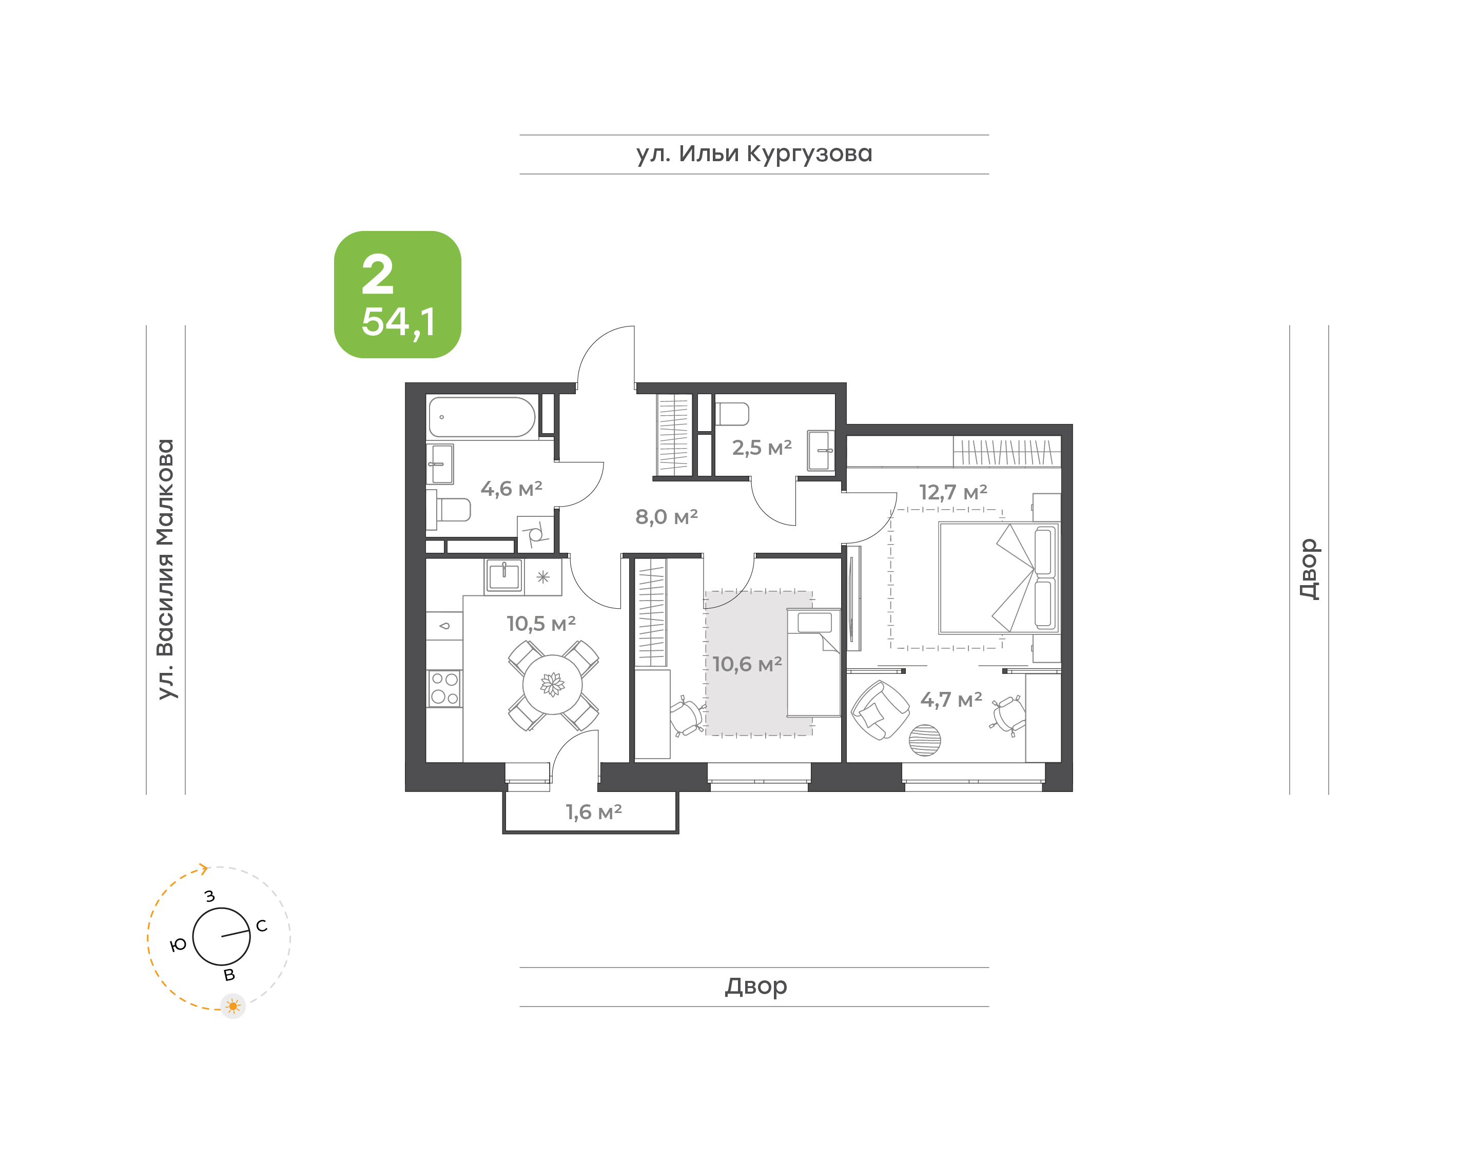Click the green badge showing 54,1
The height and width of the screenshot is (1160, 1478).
point(397,294)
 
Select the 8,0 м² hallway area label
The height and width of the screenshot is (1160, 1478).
point(666,517)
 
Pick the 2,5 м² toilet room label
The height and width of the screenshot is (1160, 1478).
point(762,448)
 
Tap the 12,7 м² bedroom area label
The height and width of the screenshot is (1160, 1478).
point(952,492)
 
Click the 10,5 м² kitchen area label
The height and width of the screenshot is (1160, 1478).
point(541,624)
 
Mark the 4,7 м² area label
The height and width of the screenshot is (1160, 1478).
point(950,700)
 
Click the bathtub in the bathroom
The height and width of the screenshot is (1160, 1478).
point(482,417)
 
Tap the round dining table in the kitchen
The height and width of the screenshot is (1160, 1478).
point(553,685)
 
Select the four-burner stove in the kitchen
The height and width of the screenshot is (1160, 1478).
point(445,688)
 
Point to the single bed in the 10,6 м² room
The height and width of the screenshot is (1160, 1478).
point(813,662)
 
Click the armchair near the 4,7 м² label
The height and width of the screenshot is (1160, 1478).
point(881,710)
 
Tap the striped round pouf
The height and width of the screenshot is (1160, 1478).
point(925,740)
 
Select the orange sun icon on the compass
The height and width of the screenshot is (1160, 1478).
point(233,1006)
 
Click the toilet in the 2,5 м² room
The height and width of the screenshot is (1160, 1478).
point(732,414)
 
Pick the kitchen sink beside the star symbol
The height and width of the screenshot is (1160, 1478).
point(504,576)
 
